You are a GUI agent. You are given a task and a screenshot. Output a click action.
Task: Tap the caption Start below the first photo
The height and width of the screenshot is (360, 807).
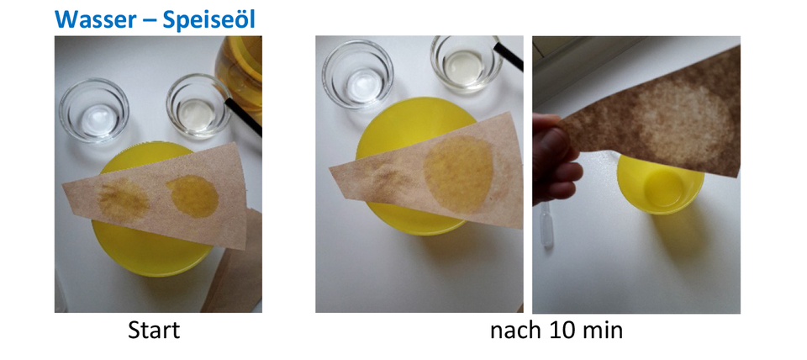pos(153,331)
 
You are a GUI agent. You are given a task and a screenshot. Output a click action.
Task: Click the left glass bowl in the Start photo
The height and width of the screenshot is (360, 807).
pos(93,109)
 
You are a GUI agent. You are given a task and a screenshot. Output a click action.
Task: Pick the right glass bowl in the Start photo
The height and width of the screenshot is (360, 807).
pos(198,106)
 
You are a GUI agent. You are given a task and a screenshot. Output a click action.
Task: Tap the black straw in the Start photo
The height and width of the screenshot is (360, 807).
pos(244,118)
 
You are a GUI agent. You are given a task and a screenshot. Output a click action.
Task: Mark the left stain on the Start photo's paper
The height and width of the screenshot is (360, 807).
pos(124,197)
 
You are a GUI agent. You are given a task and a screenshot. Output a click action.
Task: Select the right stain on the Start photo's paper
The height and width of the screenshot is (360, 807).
pos(192,195)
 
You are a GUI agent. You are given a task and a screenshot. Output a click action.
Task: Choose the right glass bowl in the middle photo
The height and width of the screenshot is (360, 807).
pos(466,63)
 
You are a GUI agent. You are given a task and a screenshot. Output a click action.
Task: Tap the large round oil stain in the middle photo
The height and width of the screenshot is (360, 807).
pos(458,172)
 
